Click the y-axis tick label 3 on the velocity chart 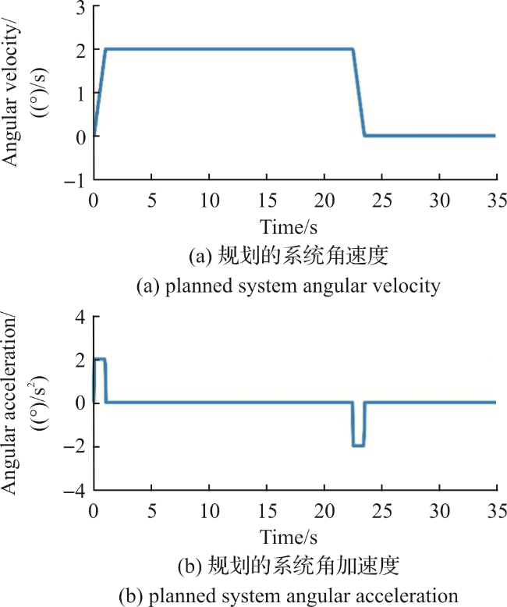[x=81, y=8]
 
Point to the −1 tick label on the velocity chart [x=75, y=180]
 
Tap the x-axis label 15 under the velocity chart [x=267, y=201]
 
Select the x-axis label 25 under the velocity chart [x=382, y=201]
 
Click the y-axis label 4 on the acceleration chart [x=80, y=318]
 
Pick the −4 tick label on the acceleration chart [x=75, y=491]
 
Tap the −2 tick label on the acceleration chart [x=75, y=447]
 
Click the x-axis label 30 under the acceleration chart [x=440, y=511]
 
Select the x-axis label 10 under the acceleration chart [x=209, y=511]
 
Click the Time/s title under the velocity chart [x=289, y=227]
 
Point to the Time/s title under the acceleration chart [x=289, y=538]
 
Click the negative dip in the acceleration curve [x=358, y=446]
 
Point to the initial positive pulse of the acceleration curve [x=100, y=360]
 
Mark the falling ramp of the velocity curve [x=359, y=92]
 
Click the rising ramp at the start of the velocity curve [x=100, y=92]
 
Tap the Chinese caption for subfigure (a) [x=289, y=256]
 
